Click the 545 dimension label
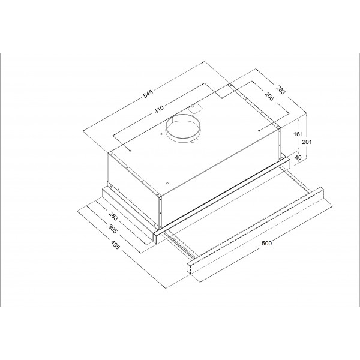(148, 94)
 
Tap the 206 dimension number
(269, 96)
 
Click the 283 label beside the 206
(280, 90)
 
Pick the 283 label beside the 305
(113, 215)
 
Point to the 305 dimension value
(113, 229)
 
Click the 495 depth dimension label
(115, 245)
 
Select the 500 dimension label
(266, 244)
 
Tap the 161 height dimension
(298, 134)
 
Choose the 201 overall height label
(307, 142)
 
